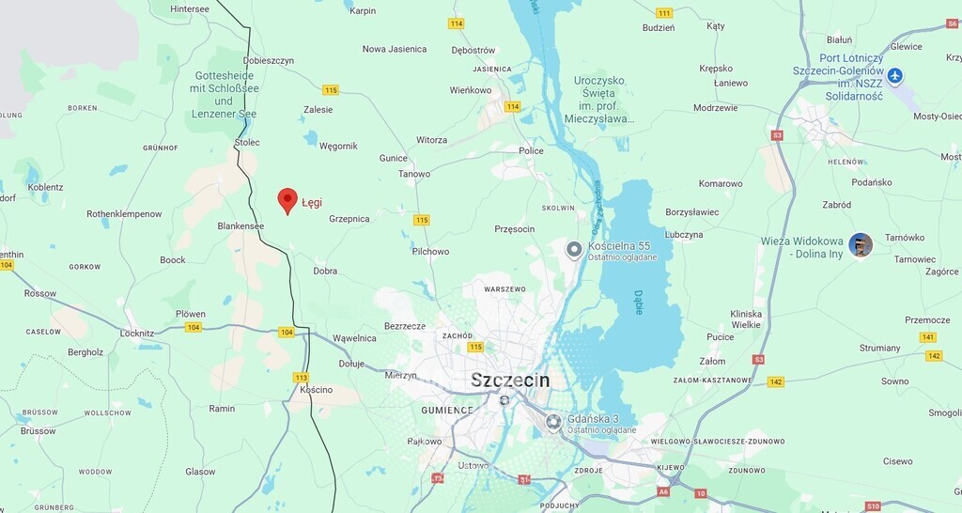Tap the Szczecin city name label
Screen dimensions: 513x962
coord(510,380)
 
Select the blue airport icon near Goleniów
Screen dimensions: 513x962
coord(894,76)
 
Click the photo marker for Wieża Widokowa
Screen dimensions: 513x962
coord(861,245)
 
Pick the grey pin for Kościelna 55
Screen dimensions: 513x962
coord(574,250)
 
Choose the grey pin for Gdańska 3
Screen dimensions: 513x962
coord(553,423)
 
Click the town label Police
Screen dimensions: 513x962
coord(531,150)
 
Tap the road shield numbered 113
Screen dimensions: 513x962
coord(301,377)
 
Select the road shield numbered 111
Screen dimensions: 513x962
coord(664,12)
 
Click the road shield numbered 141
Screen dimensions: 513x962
coord(928,337)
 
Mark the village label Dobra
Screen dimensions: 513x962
coord(325,271)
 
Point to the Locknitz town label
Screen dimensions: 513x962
coord(137,334)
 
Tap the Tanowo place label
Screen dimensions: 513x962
coord(414,174)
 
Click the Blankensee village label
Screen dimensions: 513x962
coord(240,225)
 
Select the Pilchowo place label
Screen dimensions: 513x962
coord(430,252)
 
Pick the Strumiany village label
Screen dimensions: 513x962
coord(879,348)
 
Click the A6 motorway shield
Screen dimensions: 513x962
coord(664,491)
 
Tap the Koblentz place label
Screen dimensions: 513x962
coord(46,187)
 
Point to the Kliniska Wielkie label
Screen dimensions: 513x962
coord(746,319)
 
